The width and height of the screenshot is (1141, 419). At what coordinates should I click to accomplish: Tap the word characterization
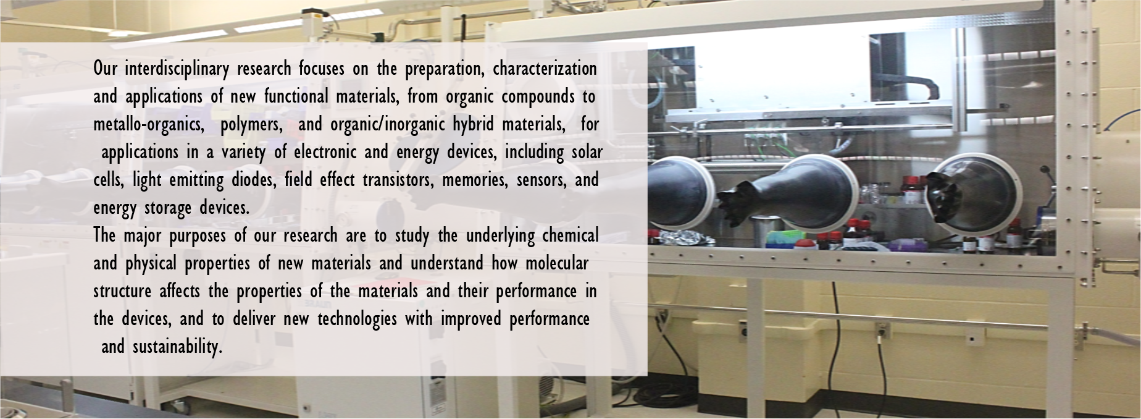point(545,69)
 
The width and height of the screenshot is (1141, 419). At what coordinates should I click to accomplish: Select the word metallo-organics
point(149,125)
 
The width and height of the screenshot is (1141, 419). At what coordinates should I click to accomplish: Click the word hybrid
point(473,125)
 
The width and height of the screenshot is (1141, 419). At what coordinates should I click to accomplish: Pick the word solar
point(587,152)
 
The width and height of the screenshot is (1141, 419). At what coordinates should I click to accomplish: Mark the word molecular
point(557,263)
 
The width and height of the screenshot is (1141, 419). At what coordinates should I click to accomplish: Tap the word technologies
point(357,320)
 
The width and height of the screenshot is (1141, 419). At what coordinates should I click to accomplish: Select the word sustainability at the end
point(177,347)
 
